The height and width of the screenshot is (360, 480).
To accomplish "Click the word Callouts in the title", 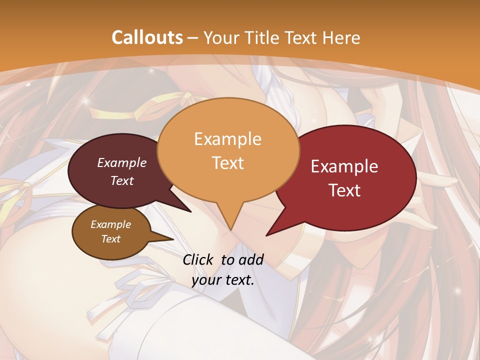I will click(147, 37).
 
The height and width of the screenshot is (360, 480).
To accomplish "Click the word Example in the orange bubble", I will click(228, 139).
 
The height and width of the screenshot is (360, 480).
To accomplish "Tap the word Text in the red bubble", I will click(345, 190).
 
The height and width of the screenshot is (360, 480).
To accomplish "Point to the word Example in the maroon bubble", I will click(122, 162).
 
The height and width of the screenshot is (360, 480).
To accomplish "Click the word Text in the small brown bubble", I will click(111, 239).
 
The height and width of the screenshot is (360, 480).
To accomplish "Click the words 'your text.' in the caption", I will click(223, 280).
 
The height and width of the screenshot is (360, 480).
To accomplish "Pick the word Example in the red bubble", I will click(344, 166).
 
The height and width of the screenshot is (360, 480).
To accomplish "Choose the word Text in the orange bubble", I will click(228, 163).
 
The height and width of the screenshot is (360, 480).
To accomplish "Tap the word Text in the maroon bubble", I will click(122, 180).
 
